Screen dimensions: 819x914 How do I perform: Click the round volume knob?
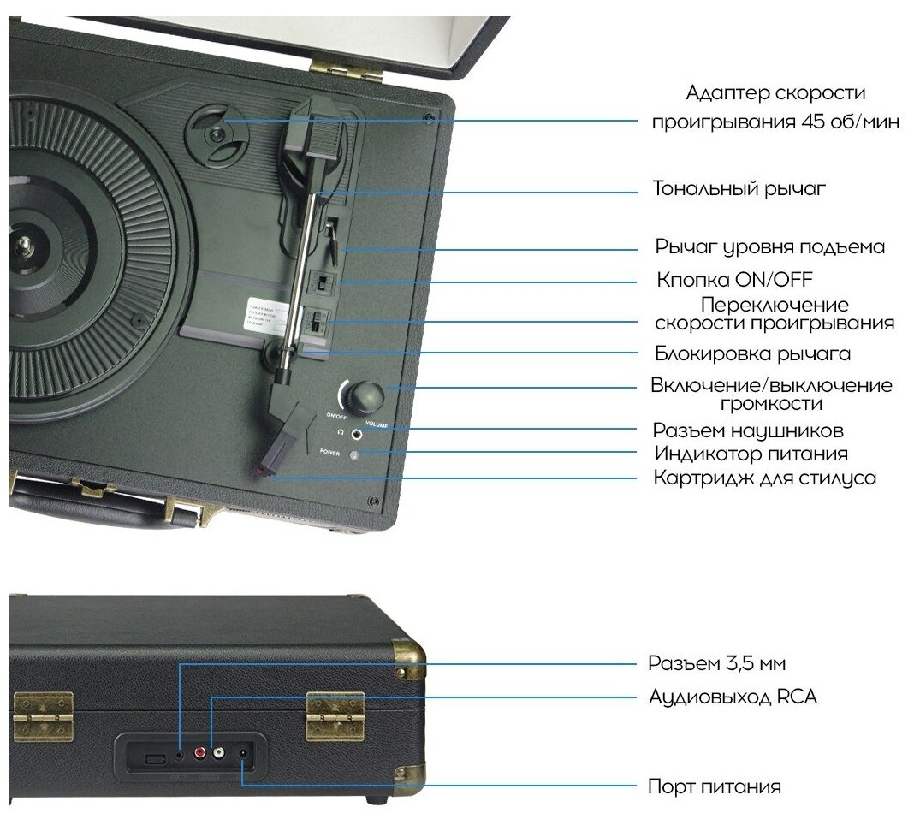click(365, 395)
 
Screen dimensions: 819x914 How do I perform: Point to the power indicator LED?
click(353, 454)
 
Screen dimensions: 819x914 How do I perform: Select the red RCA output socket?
click(199, 754)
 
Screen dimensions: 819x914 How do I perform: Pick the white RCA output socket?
click(219, 754)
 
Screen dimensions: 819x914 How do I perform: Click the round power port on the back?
click(244, 754)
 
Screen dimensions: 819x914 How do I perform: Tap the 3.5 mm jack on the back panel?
click(178, 754)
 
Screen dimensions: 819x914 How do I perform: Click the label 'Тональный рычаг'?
click(740, 188)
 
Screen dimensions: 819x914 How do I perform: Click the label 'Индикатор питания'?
click(751, 454)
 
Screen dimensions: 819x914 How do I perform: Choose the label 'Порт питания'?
click(714, 786)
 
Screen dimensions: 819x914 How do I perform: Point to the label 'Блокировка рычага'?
click(752, 353)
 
